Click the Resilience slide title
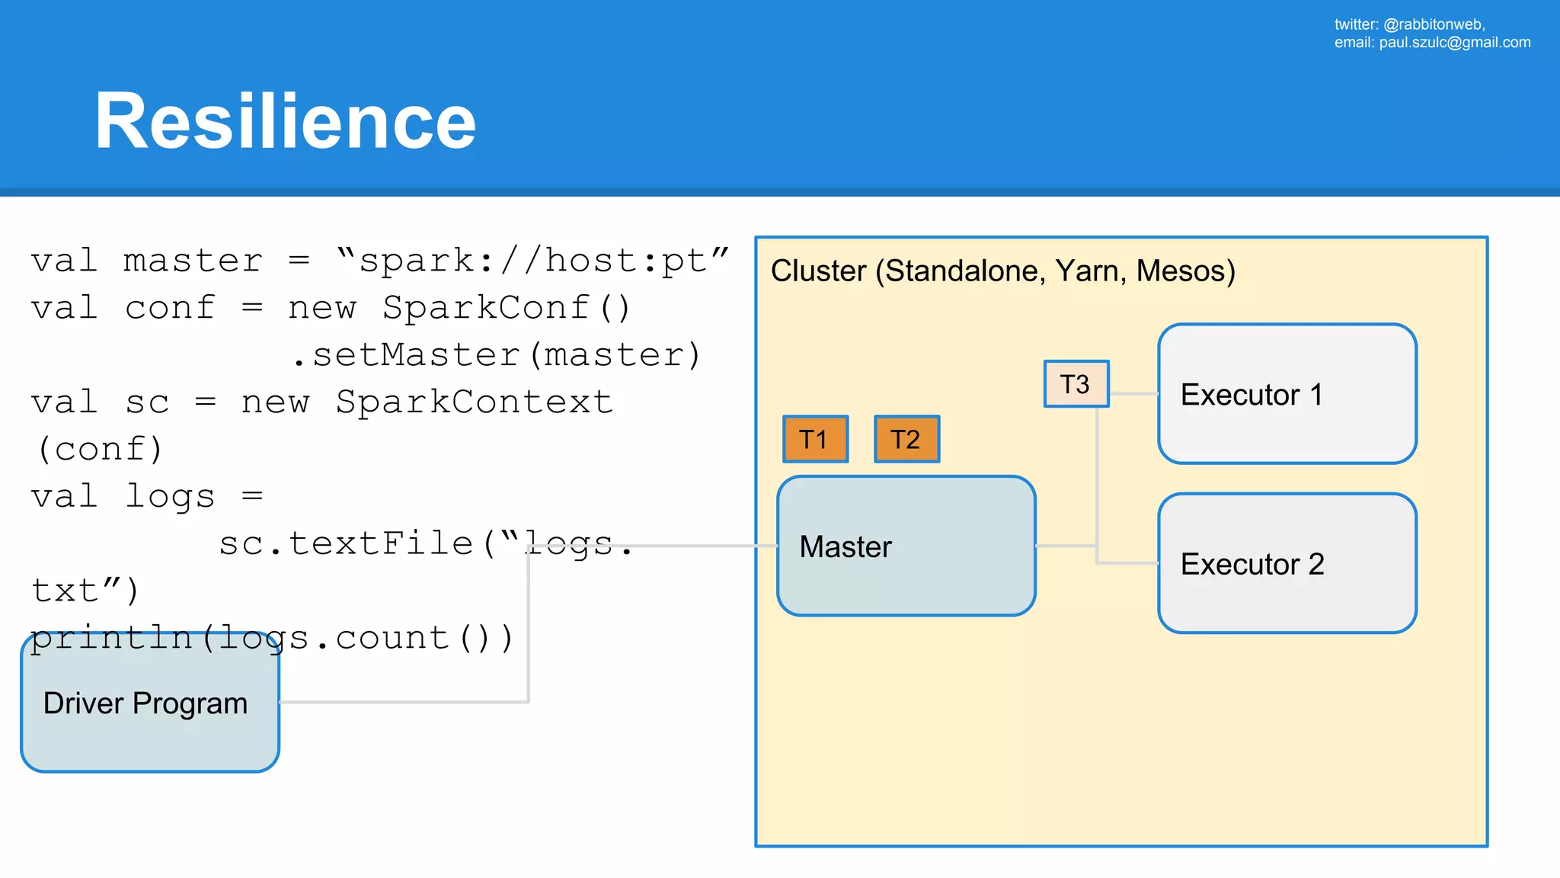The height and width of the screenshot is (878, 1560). (285, 121)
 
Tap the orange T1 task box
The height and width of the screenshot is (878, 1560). (815, 439)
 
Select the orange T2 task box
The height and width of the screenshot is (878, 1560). (906, 439)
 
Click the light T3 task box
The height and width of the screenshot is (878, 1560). (1076, 384)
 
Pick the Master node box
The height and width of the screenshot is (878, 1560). (906, 546)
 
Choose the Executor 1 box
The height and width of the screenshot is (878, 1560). (1287, 394)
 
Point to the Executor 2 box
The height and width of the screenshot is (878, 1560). (1287, 563)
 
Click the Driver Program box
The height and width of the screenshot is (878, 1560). (150, 703)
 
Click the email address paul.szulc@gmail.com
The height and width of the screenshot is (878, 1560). (1454, 43)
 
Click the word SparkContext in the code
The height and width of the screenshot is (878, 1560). (474, 402)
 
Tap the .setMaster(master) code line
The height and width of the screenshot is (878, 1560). (495, 355)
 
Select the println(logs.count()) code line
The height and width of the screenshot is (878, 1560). (272, 639)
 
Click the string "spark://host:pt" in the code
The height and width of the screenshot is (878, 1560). (532, 261)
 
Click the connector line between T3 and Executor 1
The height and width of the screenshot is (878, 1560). (1133, 394)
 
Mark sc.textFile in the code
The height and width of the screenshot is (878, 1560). (346, 544)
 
